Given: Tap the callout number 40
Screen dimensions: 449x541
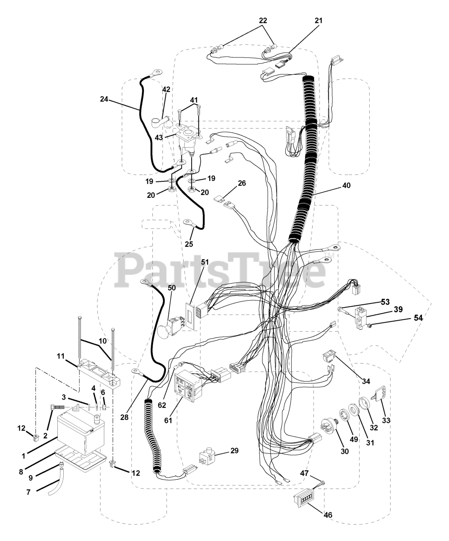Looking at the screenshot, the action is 335,185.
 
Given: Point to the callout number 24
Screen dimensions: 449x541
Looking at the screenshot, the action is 104,99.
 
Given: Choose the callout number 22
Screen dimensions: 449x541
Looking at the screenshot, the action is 263,20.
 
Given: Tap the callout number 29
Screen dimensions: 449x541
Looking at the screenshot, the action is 234,451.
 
